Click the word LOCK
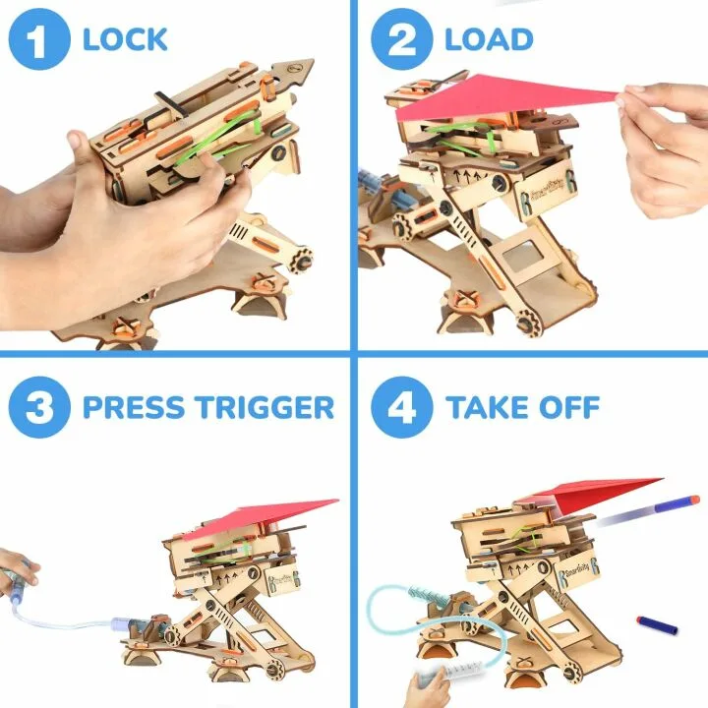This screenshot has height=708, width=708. (125, 40)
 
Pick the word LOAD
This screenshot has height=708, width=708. (489, 40)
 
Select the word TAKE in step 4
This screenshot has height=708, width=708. (493, 407)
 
